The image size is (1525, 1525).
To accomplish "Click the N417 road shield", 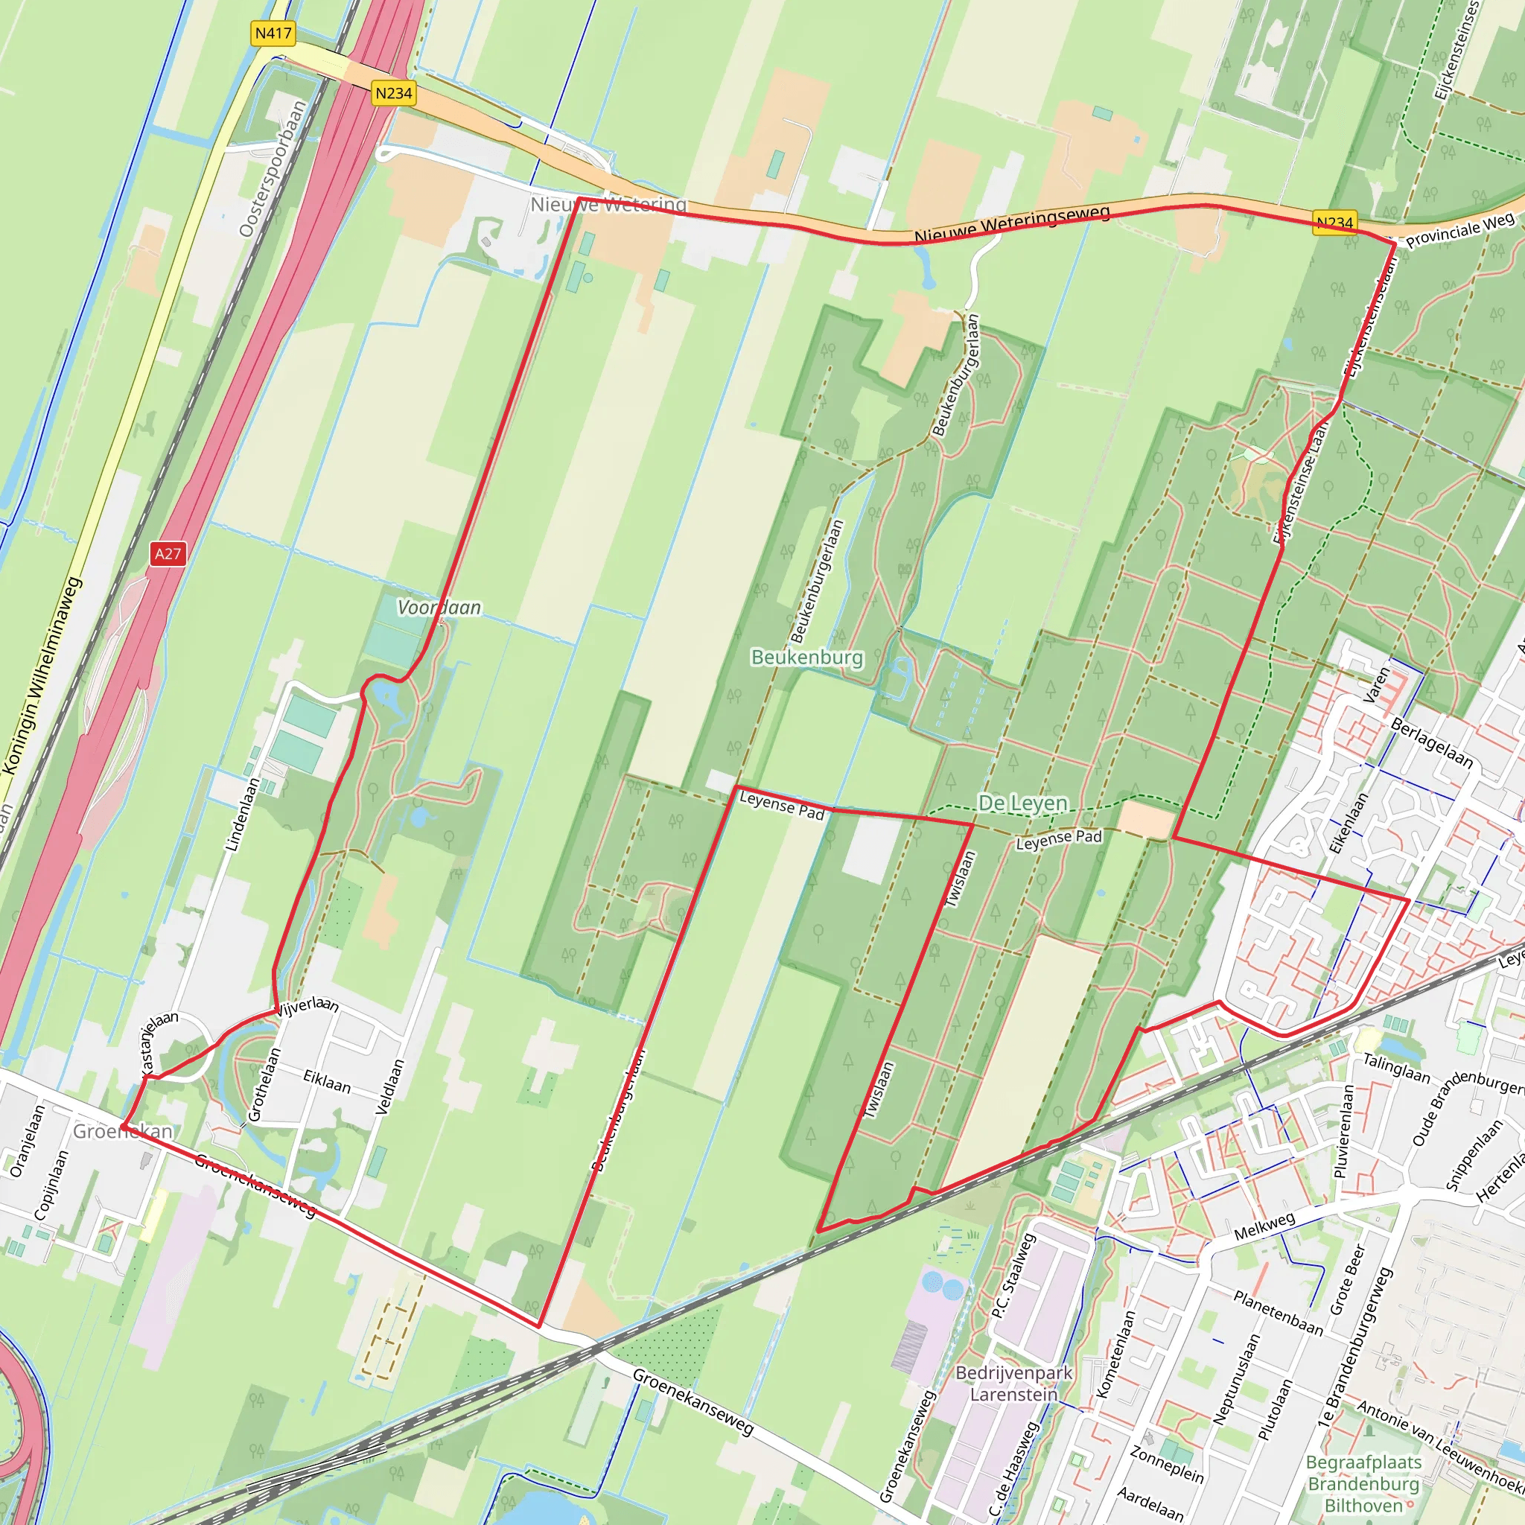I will point(273,34).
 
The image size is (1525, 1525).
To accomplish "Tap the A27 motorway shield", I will point(168,553).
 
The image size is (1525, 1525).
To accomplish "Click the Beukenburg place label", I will point(806,657).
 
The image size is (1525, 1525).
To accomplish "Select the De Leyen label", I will point(1022,803).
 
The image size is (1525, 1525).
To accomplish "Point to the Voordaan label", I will point(439,607).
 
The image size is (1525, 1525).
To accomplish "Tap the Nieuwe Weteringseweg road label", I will point(1012,224).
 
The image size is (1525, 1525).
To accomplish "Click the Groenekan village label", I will point(123,1131).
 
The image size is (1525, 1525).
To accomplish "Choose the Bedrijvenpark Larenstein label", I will point(1013,1383).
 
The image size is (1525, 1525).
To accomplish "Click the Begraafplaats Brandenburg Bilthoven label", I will point(1363,1483).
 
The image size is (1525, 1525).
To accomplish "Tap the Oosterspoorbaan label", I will point(273,169).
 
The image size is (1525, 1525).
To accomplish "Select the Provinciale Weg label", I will point(1460,229).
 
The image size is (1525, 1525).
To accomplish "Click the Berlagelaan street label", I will point(1432,742).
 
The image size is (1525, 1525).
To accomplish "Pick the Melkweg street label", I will point(1264,1225).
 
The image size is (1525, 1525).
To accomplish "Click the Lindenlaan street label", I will point(243,815).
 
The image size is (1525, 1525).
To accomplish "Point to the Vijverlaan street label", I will point(308,1005).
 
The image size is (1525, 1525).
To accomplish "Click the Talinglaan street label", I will point(1396,1068).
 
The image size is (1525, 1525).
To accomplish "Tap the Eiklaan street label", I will point(327,1080).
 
